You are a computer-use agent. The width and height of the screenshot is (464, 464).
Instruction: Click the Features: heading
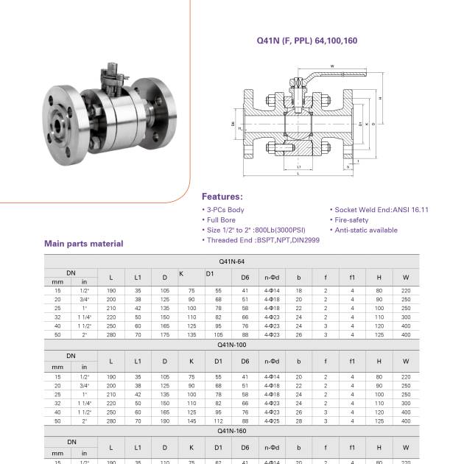coord(222,197)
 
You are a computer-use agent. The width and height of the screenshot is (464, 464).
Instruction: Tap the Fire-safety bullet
coord(351,220)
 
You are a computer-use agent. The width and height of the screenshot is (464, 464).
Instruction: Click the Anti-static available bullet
coord(365,231)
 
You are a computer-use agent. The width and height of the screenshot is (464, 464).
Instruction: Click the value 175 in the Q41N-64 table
coord(164,335)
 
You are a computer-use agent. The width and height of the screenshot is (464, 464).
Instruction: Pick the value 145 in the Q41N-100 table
coord(191,421)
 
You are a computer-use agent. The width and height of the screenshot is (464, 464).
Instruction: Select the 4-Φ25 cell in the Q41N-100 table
coord(272,421)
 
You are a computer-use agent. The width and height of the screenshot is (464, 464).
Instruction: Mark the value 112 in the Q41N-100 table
coord(219,421)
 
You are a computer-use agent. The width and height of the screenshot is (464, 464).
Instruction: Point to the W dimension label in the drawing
coord(332,66)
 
